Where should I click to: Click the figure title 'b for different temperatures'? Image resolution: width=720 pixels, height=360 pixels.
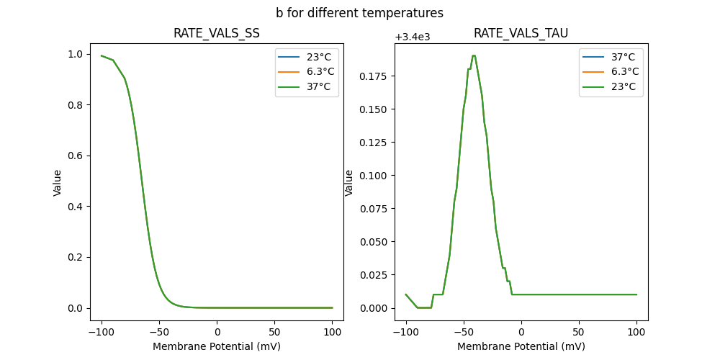tap(359, 13)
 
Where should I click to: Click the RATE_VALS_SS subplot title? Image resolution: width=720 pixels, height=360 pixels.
tap(217, 34)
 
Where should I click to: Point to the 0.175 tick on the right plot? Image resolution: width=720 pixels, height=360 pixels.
tap(374, 76)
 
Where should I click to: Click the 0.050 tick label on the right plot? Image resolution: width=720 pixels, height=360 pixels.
tap(374, 242)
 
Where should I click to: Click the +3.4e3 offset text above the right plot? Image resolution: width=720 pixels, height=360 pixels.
tap(413, 37)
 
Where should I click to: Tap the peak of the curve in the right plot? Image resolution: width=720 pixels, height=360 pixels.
tap(474, 55)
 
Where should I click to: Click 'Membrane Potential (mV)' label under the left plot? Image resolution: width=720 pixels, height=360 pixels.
tap(217, 346)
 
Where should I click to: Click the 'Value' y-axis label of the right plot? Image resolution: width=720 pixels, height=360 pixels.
tap(349, 183)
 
